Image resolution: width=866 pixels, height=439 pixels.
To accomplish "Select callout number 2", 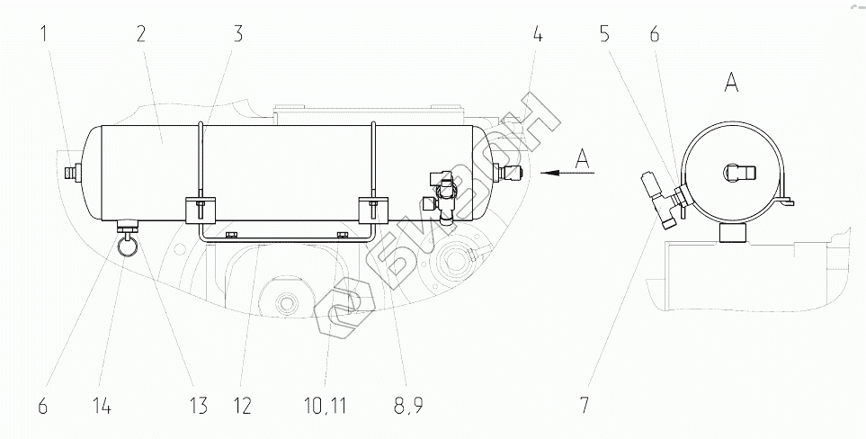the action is click(141, 37).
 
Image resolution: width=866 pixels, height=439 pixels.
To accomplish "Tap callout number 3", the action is click(237, 37).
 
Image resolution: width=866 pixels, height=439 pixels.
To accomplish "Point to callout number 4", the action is click(537, 37).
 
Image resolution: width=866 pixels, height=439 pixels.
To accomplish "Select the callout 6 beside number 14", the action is click(41, 406).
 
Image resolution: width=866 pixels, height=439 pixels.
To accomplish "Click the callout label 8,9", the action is click(408, 406).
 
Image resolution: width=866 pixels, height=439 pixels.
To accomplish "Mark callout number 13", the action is click(197, 406).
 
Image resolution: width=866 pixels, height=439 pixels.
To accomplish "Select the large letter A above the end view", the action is click(731, 84).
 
